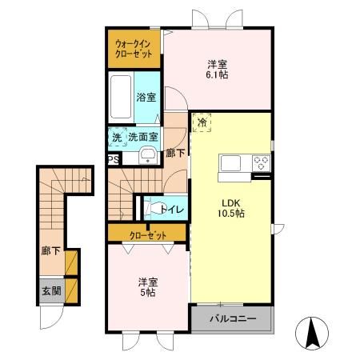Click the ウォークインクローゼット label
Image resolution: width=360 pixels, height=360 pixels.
coord(134,49)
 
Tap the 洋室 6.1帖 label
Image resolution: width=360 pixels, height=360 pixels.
coord(217,70)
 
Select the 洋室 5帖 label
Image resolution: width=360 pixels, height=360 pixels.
coord(148,287)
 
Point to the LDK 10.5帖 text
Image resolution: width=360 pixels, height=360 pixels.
coord(231,208)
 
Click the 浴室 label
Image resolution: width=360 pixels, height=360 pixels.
coord(146,97)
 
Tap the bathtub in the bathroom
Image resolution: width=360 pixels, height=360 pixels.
coord(121,97)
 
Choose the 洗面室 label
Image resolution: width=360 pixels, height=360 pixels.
coord(143,137)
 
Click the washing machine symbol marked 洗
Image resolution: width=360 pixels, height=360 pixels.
coord(118,137)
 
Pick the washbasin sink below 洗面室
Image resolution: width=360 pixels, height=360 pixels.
coord(148,156)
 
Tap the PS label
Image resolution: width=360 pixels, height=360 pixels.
coord(114,159)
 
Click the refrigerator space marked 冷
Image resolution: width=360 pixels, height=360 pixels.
coord(202,122)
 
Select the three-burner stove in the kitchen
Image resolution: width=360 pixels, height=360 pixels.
coord(261,163)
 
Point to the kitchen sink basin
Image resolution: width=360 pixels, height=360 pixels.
coord(230,163)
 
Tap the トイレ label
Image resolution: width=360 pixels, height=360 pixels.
coord(172,210)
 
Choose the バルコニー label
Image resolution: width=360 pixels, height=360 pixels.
coord(233,318)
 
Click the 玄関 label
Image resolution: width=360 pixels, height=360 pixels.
coord(51,291)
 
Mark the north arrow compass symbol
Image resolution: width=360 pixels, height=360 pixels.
coord(312,334)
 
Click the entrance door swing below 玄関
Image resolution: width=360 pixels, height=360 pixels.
coord(52,318)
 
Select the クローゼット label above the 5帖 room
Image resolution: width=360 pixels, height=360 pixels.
coord(148,235)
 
